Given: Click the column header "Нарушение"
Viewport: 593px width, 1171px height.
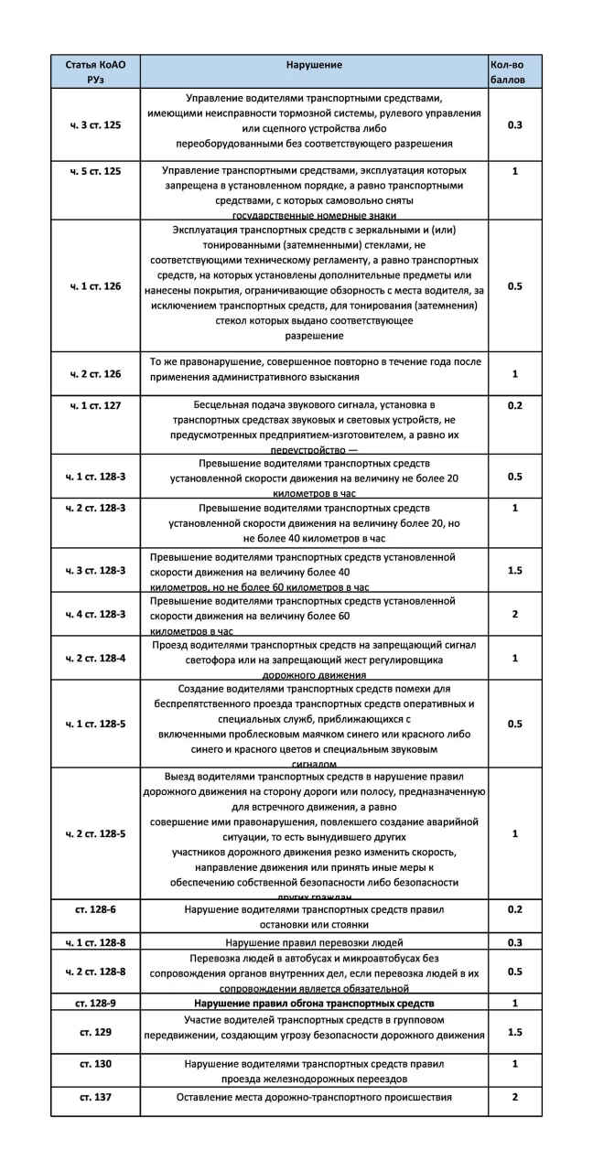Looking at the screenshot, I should pos(314,65).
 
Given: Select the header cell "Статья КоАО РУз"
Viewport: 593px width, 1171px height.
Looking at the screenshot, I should pos(95,71).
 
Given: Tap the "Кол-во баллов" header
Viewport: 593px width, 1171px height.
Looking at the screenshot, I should pos(514,71).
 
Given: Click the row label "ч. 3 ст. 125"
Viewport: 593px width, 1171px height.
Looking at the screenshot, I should pos(95,124).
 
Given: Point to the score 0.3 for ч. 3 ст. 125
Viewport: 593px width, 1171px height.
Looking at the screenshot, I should pos(514,124).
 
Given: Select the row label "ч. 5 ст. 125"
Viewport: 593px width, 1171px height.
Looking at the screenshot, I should pos(95,171).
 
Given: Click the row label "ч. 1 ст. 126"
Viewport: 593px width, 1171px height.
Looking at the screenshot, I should pos(95,286).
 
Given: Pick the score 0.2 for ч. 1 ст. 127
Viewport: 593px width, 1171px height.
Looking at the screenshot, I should pos(514,404).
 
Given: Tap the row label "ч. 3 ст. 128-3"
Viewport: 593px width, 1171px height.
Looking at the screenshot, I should pos(95,571).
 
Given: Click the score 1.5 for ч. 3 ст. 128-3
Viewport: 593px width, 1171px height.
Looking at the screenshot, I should pos(514,571).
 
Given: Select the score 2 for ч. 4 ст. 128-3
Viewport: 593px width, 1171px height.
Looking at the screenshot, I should pos(514,615).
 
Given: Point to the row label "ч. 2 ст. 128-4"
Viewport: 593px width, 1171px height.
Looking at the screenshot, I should pos(95,659).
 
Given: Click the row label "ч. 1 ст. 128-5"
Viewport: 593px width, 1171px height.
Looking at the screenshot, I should pos(95,724).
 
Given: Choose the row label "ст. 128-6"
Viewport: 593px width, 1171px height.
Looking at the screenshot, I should pos(95,910).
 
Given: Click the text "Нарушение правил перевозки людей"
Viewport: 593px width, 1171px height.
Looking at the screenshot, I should pos(314,942).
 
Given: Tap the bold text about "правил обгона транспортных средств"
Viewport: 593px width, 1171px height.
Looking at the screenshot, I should pos(314,1003).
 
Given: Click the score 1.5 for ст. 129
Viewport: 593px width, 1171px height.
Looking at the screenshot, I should pos(514,1031).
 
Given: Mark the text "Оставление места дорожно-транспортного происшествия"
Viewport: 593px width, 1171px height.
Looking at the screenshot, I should pos(314,1097).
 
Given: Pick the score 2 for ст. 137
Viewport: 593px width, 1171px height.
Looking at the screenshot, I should pos(514,1097).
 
